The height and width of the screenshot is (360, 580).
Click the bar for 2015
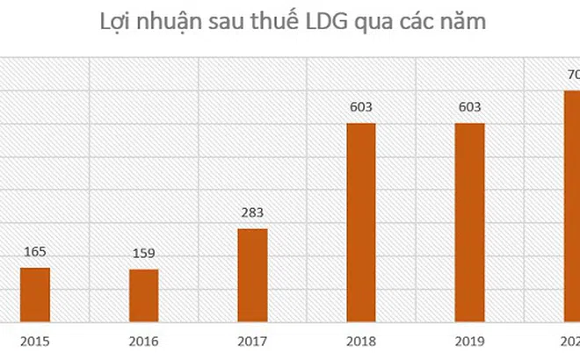coord(35,295)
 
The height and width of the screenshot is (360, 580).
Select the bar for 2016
coord(144,296)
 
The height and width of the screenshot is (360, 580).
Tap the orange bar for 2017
coord(252,276)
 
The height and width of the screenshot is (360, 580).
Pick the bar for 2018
coord(360,223)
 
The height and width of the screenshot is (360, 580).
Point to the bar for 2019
coord(469,223)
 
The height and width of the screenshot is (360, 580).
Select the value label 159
coord(144,255)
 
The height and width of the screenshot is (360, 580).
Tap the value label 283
coord(252,213)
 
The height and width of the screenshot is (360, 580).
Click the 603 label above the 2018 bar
coord(360,108)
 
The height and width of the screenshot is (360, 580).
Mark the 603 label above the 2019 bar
coord(469,108)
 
